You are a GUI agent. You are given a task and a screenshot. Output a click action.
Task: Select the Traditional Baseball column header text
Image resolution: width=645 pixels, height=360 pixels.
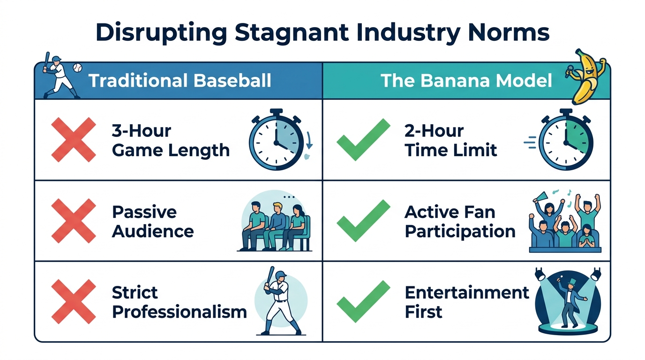[180, 81]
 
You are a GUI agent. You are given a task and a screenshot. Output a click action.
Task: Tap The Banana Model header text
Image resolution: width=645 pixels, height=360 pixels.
[466, 81]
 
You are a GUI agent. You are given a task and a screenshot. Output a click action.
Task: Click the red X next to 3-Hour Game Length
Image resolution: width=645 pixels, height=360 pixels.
[74, 140]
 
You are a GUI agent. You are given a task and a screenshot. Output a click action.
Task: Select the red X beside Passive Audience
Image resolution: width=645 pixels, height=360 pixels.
[74, 220]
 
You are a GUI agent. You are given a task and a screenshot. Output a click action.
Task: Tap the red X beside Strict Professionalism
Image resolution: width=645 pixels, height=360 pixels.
[74, 301]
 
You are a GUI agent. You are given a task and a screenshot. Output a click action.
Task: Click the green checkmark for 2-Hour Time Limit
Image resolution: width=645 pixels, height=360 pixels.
[363, 140]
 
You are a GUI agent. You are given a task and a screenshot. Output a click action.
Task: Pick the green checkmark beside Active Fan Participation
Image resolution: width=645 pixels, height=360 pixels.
[363, 220]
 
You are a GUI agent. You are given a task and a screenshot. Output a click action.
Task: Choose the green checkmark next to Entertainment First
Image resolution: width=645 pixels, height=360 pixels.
[363, 301]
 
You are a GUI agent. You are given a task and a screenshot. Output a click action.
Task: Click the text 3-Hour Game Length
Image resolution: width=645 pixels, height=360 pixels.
[171, 140]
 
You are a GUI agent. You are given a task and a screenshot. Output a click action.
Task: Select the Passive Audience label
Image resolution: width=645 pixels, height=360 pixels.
[153, 221]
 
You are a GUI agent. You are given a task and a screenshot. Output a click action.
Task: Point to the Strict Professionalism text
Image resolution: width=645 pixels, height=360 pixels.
[179, 302]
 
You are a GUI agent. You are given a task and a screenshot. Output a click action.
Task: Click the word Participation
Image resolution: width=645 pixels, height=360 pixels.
[460, 232]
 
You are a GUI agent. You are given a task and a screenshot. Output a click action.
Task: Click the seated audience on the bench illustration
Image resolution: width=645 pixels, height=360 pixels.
[274, 225]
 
